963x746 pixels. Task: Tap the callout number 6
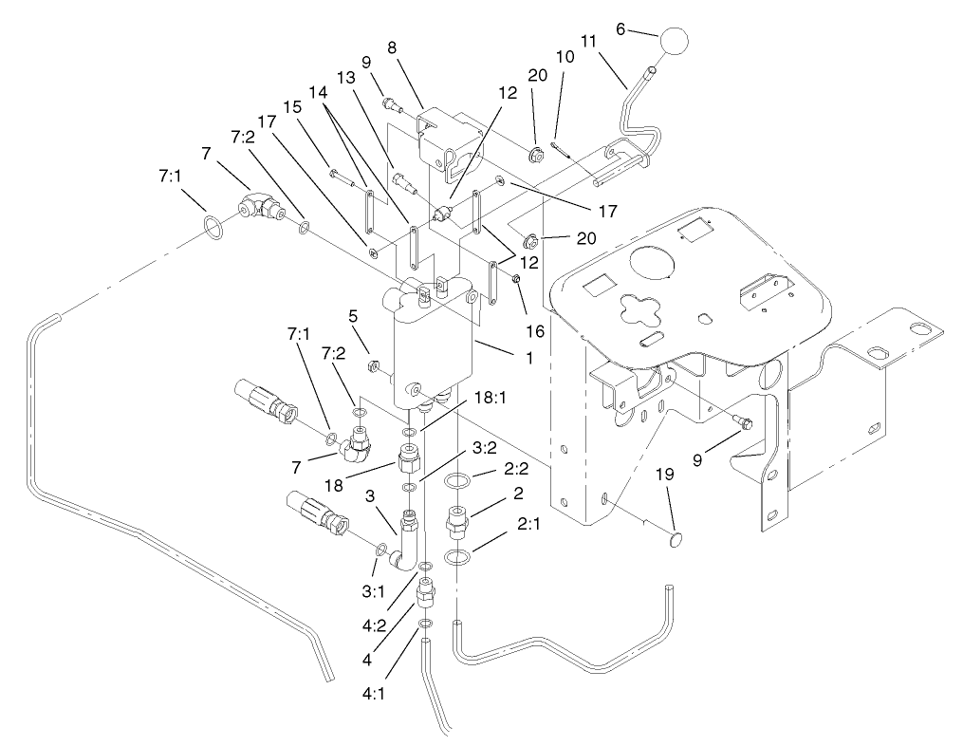(620, 29)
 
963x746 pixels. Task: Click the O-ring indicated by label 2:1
(457, 557)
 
